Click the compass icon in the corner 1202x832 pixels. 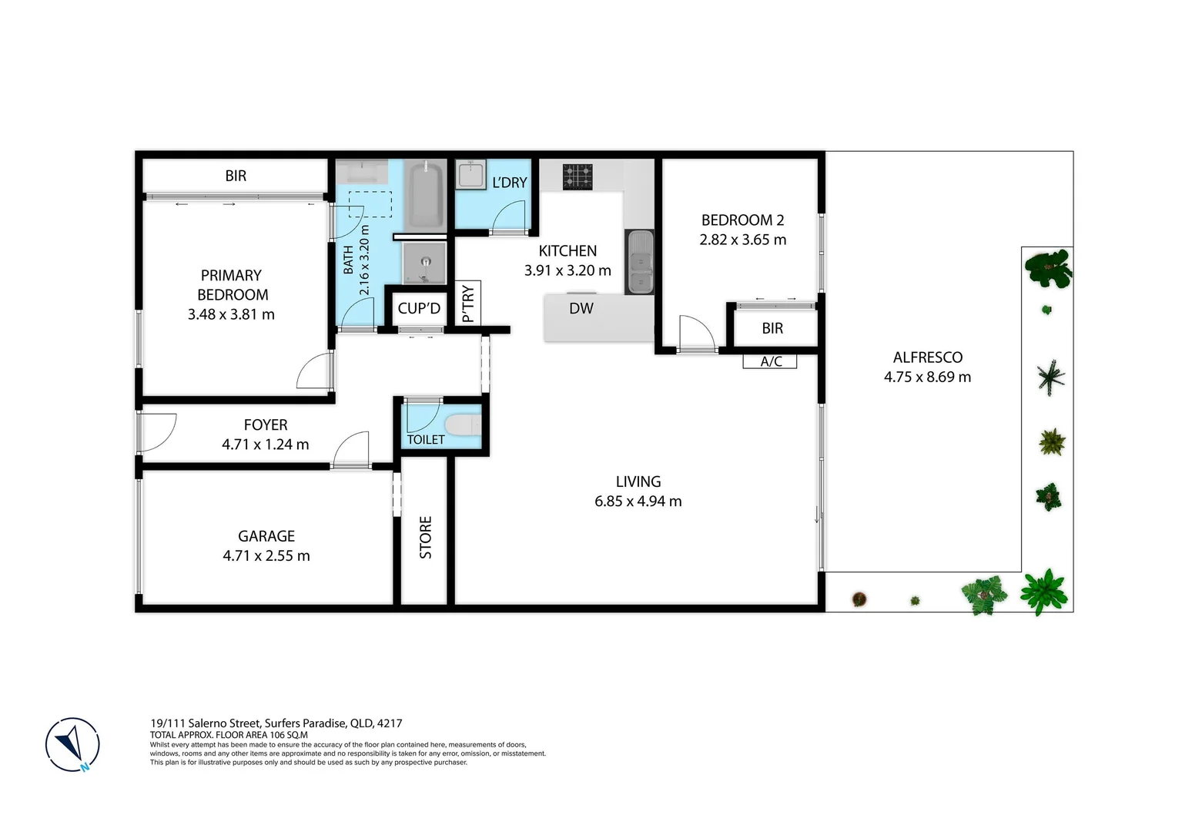coord(72,745)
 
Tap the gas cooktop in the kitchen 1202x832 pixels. coord(578,176)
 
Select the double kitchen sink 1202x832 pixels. coord(640,262)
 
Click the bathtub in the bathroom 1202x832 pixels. coord(425,194)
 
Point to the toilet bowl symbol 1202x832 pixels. coord(463,425)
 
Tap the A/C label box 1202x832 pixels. coord(770,361)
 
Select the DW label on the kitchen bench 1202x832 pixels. coord(581,308)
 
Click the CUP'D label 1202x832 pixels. coord(419,308)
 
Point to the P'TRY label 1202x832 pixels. coord(467,304)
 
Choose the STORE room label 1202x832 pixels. coord(426,537)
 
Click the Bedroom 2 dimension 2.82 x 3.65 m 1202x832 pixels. coord(742,240)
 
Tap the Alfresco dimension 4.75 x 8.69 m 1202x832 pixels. coord(927,377)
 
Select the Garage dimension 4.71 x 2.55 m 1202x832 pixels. coord(266,555)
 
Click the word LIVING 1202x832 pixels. coord(638,481)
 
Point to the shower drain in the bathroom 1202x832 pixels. coord(424,261)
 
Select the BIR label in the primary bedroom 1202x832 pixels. coord(236,176)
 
